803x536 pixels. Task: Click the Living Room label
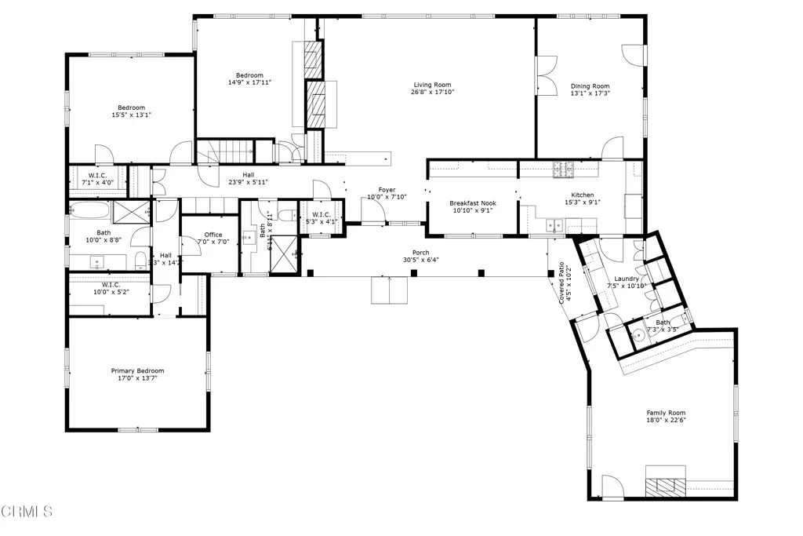point(433,85)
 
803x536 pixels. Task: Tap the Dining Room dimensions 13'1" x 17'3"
point(590,93)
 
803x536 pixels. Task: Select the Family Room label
point(666,413)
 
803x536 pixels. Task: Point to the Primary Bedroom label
point(137,370)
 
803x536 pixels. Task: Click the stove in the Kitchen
point(564,167)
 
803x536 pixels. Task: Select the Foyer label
point(387,189)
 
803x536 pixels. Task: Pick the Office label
point(213,235)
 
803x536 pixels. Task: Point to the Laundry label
point(626,279)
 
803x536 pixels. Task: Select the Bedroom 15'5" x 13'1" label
point(131,108)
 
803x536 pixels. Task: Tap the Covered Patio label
point(562,283)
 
